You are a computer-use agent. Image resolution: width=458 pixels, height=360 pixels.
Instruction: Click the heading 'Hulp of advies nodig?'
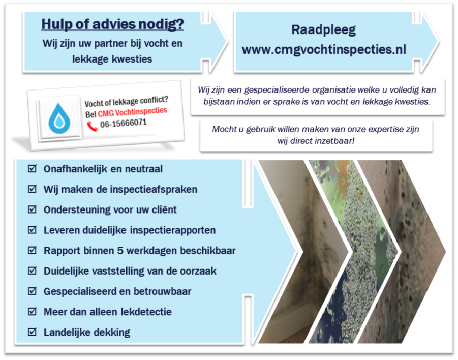[x=112, y=24]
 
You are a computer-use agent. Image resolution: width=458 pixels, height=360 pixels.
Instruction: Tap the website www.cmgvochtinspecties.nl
[x=324, y=50]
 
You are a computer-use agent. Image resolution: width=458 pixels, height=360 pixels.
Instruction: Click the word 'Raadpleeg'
[x=324, y=30]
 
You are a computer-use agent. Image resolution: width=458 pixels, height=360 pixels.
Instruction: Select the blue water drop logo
[x=59, y=118]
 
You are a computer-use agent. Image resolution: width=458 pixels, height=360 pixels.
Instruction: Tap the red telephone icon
[x=92, y=126]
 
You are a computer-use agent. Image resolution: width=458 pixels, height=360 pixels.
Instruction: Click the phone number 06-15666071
[x=123, y=123]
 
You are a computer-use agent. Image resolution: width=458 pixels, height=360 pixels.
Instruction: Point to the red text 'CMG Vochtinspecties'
[x=132, y=112]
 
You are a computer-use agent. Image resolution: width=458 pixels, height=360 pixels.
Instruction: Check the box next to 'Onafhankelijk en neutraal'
[x=32, y=169]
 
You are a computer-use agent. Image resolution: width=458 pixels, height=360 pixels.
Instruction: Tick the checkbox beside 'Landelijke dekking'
[x=32, y=332]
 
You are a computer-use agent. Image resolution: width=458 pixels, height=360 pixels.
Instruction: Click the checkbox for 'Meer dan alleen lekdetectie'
[x=32, y=312]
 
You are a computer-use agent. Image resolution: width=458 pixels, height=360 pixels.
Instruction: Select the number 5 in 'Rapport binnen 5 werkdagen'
[x=120, y=251]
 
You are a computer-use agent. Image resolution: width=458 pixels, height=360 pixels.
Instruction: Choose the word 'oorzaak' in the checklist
[x=198, y=271]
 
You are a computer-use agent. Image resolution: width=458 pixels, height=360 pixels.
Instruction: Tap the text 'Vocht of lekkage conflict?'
[x=126, y=101]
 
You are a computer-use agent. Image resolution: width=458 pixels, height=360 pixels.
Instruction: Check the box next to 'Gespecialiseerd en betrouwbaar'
[x=32, y=291]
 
